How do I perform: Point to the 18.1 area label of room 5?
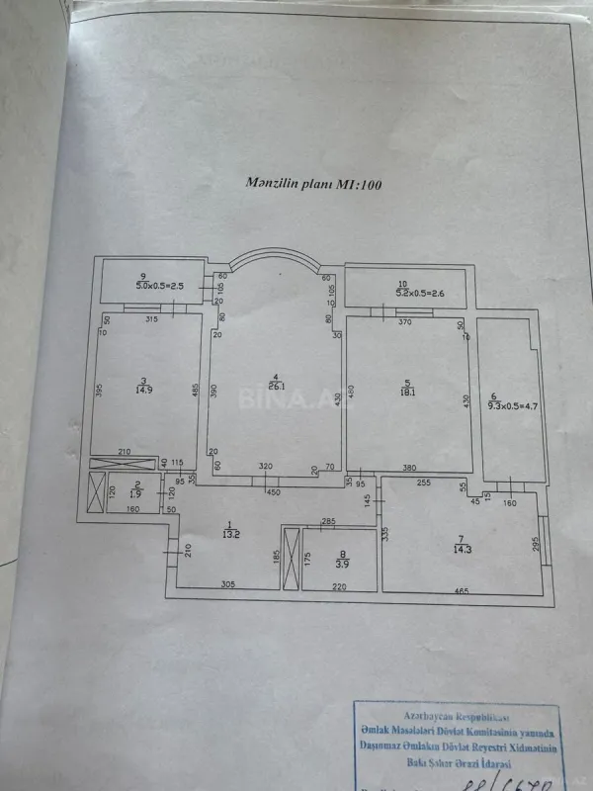[408, 389]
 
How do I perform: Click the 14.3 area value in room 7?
[463, 548]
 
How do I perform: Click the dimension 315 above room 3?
[152, 320]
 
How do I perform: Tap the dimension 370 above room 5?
[403, 322]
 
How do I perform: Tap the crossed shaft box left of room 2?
[95, 492]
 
